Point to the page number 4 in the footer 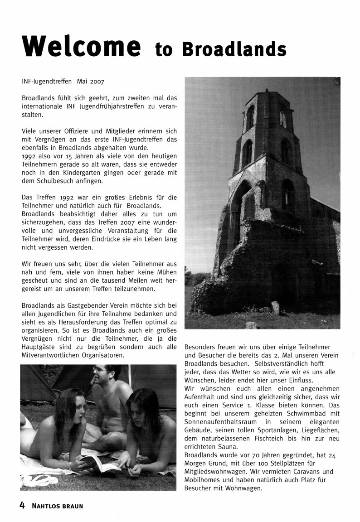pyautogui.click(x=21, y=505)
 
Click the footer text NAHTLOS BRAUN pyautogui.click(x=58, y=506)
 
